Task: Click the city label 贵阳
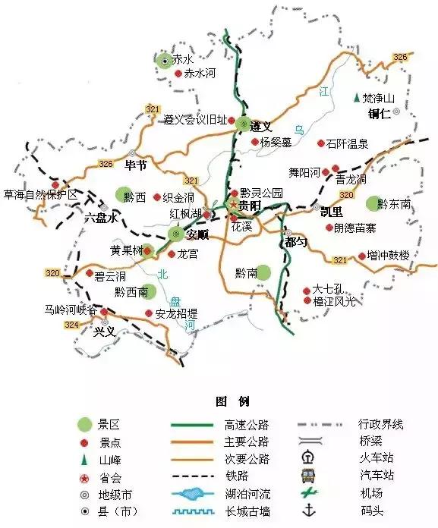(x=250, y=206)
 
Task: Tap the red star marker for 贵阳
(x=234, y=205)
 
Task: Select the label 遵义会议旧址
(x=195, y=120)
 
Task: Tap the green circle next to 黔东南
(x=371, y=203)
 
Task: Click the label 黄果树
(x=125, y=250)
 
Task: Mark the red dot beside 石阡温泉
(x=321, y=143)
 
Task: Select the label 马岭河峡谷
(x=71, y=310)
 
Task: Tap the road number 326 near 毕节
(x=106, y=164)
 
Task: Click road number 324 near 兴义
(x=72, y=325)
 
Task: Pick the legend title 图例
(x=232, y=401)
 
